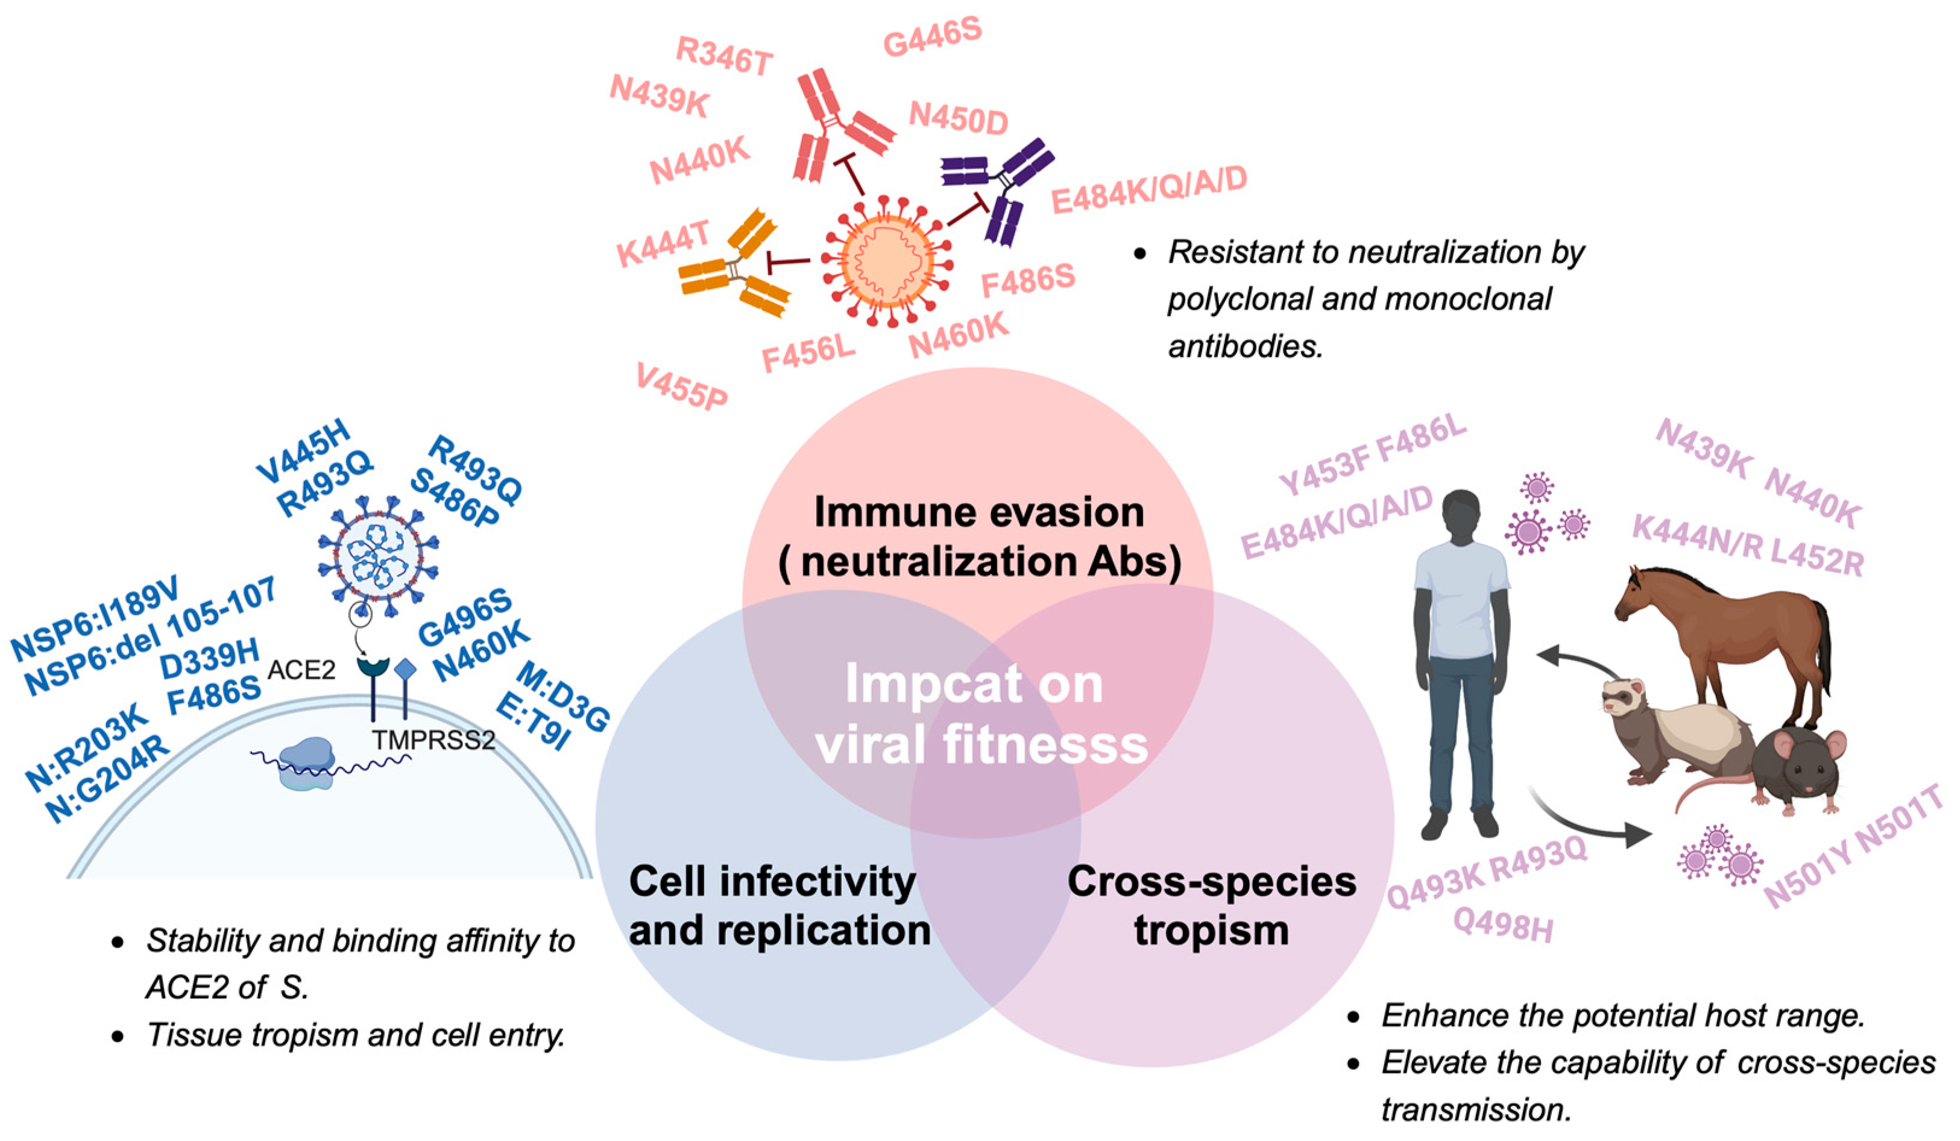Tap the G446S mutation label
[932, 37]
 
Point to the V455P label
[681, 386]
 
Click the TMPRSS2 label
[433, 740]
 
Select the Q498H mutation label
[1502, 926]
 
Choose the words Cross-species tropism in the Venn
[1211, 906]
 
